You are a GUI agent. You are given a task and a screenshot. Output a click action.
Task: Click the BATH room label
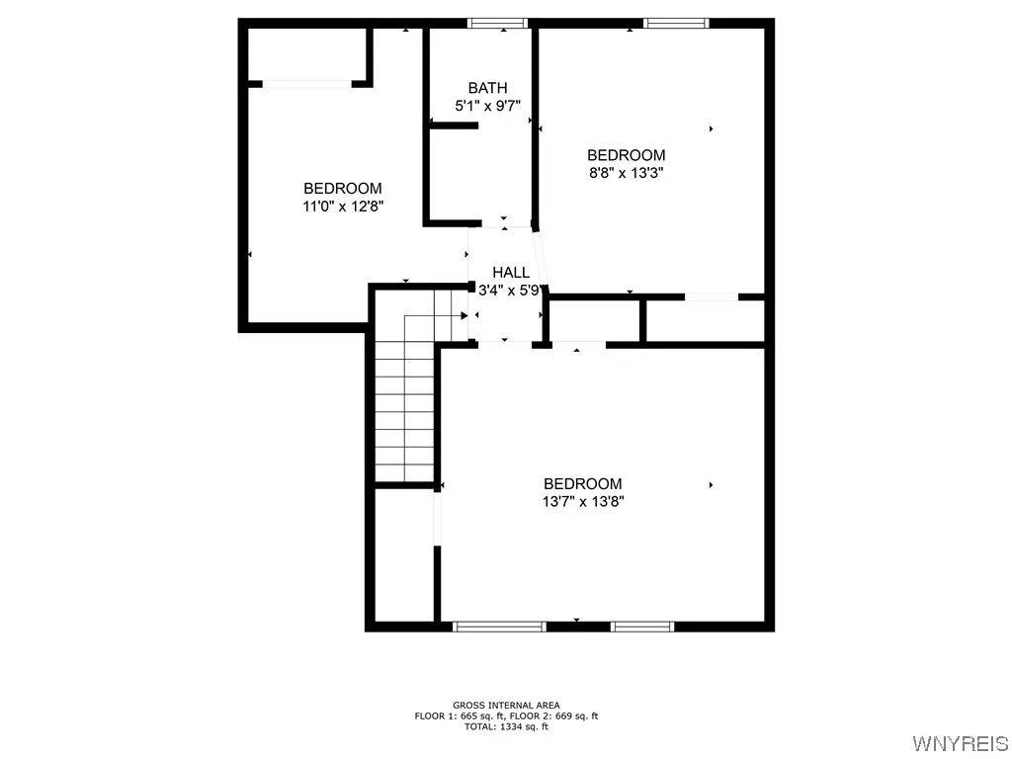pyautogui.click(x=487, y=88)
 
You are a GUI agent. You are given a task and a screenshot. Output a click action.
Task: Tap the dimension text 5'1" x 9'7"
pyautogui.click(x=487, y=105)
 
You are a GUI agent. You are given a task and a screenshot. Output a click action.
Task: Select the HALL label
pyautogui.click(x=511, y=272)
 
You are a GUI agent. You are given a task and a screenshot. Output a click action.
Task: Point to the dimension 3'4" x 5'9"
pyautogui.click(x=511, y=291)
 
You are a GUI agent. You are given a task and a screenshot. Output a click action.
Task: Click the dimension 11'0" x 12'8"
pyautogui.click(x=343, y=206)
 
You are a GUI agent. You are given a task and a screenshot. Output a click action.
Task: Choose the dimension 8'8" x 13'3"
pyautogui.click(x=626, y=172)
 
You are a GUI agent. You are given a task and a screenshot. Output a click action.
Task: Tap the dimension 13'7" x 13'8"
pyautogui.click(x=583, y=501)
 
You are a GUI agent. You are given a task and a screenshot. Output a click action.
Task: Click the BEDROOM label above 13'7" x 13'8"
pyautogui.click(x=583, y=483)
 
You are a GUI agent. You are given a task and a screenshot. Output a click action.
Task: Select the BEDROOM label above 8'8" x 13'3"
pyautogui.click(x=626, y=155)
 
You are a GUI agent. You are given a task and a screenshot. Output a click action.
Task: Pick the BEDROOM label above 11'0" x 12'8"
pyautogui.click(x=343, y=188)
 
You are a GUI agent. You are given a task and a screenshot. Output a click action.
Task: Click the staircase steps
pyautogui.click(x=405, y=405)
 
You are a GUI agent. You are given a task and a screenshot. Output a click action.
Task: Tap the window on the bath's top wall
pyautogui.click(x=497, y=23)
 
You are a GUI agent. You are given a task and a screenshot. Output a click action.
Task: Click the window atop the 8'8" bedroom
pyautogui.click(x=676, y=23)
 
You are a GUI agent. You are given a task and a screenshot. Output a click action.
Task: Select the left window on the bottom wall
pyautogui.click(x=499, y=626)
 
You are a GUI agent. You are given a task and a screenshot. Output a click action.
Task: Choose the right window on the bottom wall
pyautogui.click(x=642, y=626)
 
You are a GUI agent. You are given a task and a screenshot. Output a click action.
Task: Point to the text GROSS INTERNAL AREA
pyautogui.click(x=505, y=705)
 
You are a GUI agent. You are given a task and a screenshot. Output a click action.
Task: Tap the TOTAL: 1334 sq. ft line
pyautogui.click(x=505, y=726)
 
